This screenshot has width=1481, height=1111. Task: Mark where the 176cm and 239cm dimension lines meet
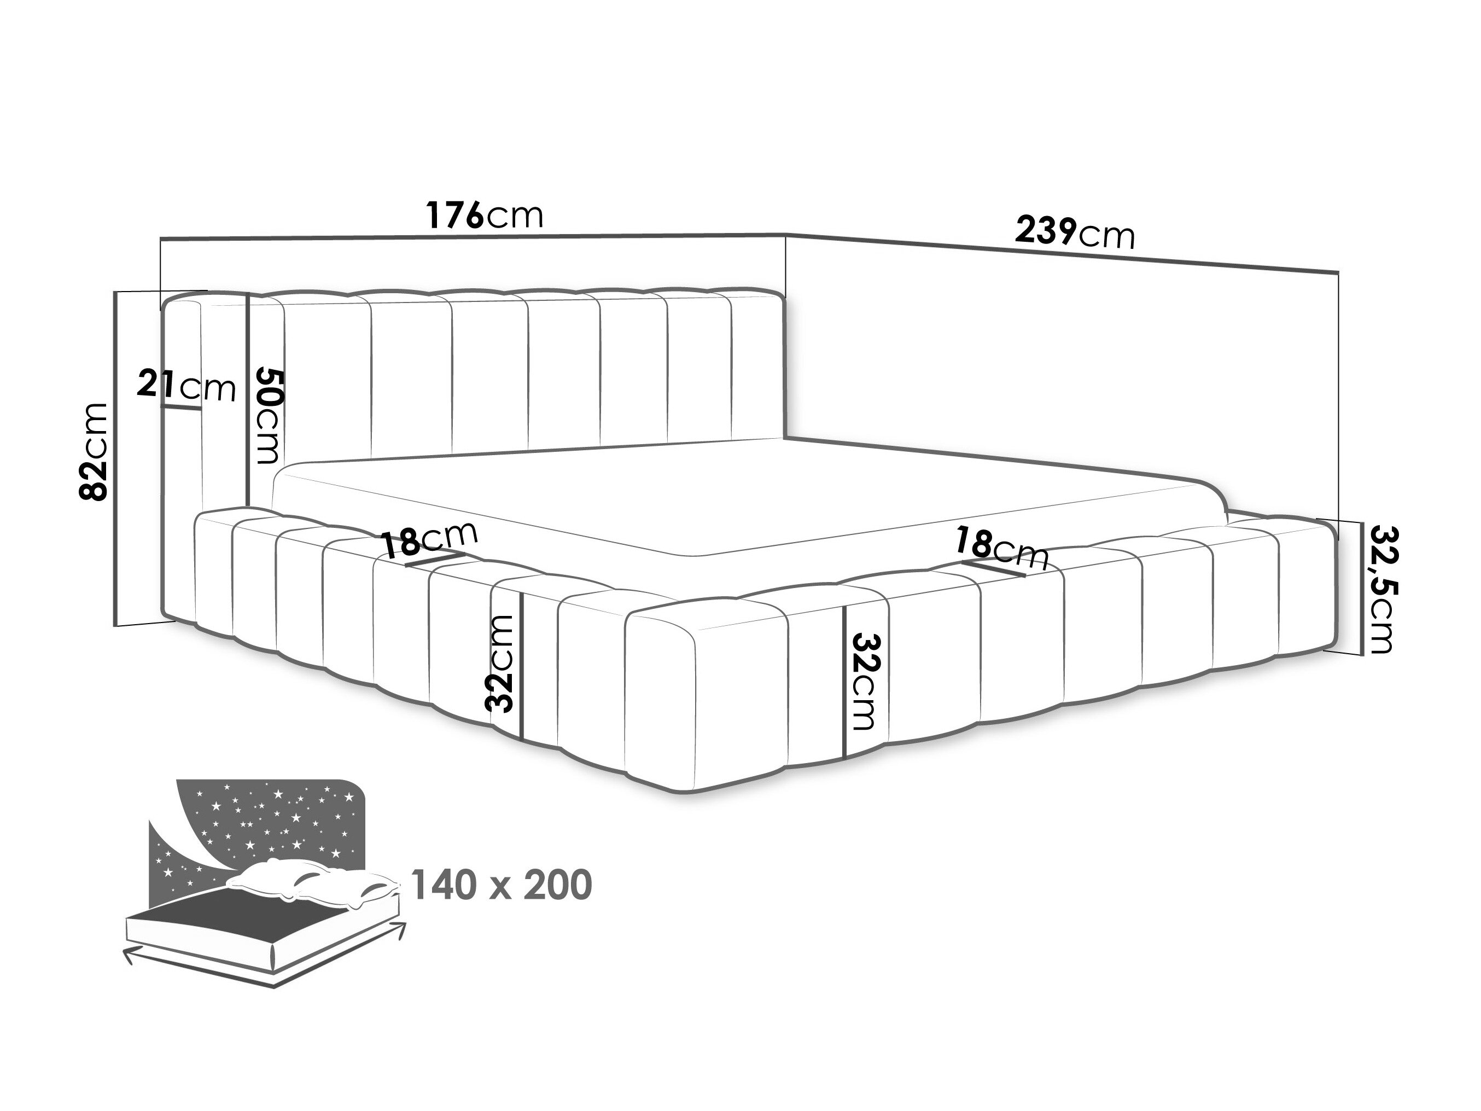pos(785,234)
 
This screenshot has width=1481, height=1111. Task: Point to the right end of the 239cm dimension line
pos(1338,272)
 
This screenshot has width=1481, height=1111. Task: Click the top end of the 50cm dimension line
pos(248,295)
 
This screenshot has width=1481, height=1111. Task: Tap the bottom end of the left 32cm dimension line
pos(522,740)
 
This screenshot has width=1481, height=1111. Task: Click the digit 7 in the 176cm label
pos(454,215)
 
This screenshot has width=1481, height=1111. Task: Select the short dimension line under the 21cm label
pos(181,407)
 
